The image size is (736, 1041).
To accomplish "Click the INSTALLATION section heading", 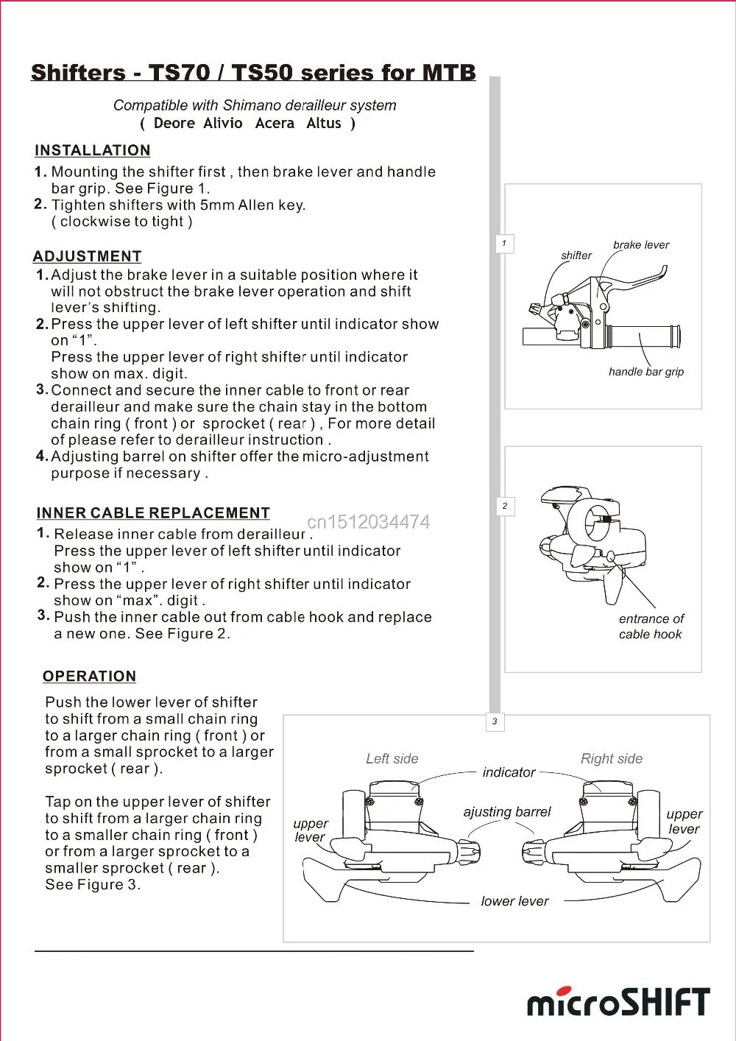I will click(92, 150).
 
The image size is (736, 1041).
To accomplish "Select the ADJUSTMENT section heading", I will click(87, 256).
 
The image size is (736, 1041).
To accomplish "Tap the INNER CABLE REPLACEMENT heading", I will click(153, 513).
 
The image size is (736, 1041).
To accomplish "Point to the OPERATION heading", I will click(89, 677).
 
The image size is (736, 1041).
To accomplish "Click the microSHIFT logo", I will click(618, 1003).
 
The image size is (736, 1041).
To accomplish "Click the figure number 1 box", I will click(504, 244).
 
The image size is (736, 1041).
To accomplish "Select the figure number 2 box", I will click(505, 506).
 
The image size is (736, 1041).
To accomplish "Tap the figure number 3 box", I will click(495, 721).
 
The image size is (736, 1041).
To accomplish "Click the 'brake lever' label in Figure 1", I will click(641, 245).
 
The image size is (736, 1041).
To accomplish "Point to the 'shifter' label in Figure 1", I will click(576, 255).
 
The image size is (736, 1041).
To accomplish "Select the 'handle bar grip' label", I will click(646, 372).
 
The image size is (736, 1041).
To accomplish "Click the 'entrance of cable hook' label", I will click(651, 627).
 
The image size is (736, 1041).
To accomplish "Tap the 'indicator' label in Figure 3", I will click(509, 772).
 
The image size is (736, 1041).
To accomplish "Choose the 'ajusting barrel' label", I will click(507, 812).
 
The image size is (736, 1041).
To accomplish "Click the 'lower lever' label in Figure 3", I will click(514, 901).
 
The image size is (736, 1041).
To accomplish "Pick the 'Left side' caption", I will click(392, 759).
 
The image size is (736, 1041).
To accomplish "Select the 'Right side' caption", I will click(612, 759).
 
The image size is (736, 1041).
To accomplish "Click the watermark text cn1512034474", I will click(368, 522).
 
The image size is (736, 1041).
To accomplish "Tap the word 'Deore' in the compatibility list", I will click(174, 124).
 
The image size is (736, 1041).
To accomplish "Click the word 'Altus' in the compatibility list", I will click(324, 124).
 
